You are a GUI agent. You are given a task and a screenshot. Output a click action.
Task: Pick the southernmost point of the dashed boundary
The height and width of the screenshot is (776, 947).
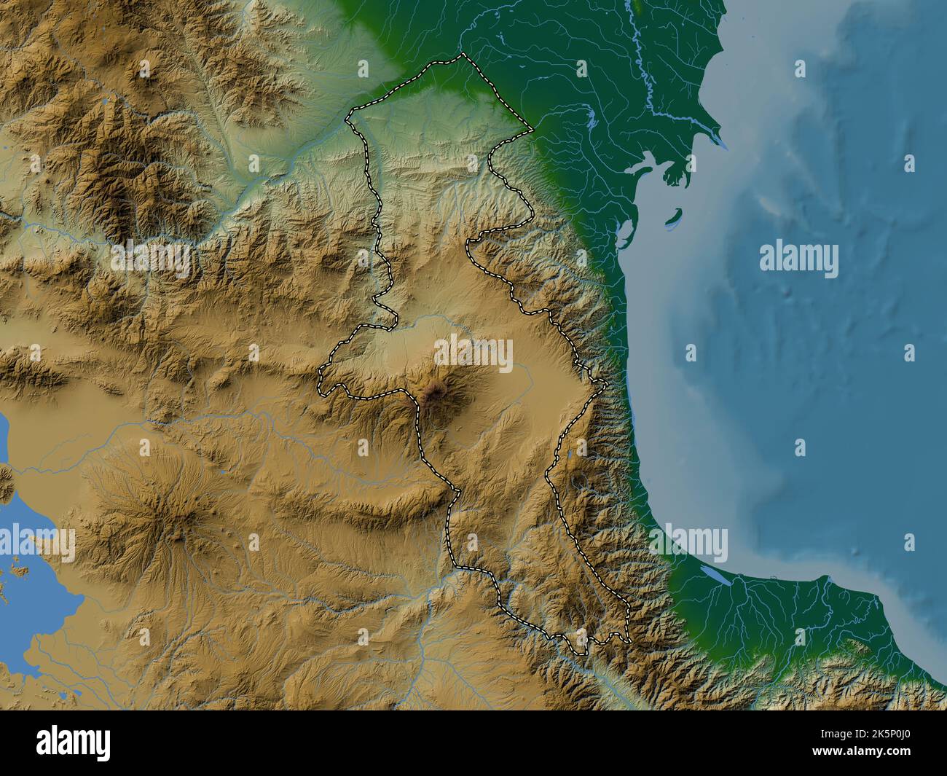580,654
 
